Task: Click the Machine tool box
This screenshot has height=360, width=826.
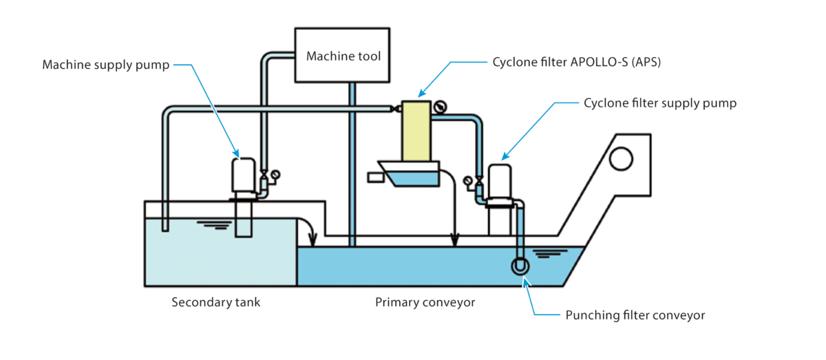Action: coord(343,55)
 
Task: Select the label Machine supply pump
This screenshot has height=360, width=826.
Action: coord(106,65)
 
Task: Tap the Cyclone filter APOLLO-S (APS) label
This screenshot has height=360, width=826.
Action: coord(577,61)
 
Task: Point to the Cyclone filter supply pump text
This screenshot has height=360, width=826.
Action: coord(660,103)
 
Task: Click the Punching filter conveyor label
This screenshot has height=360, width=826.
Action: coord(635,315)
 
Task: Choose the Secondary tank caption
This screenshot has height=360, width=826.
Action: coord(216,302)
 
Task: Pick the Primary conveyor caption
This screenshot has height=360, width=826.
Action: coord(425,302)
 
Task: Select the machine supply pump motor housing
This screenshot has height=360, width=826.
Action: coord(244,176)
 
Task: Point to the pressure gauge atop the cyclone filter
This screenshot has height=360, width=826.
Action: coord(440,107)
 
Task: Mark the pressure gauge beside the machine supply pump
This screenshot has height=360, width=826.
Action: coord(275,175)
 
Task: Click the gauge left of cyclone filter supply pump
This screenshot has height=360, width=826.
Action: coord(468,181)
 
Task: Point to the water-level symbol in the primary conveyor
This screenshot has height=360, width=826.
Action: coord(543,253)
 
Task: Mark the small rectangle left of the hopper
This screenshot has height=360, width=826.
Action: coord(376,178)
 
